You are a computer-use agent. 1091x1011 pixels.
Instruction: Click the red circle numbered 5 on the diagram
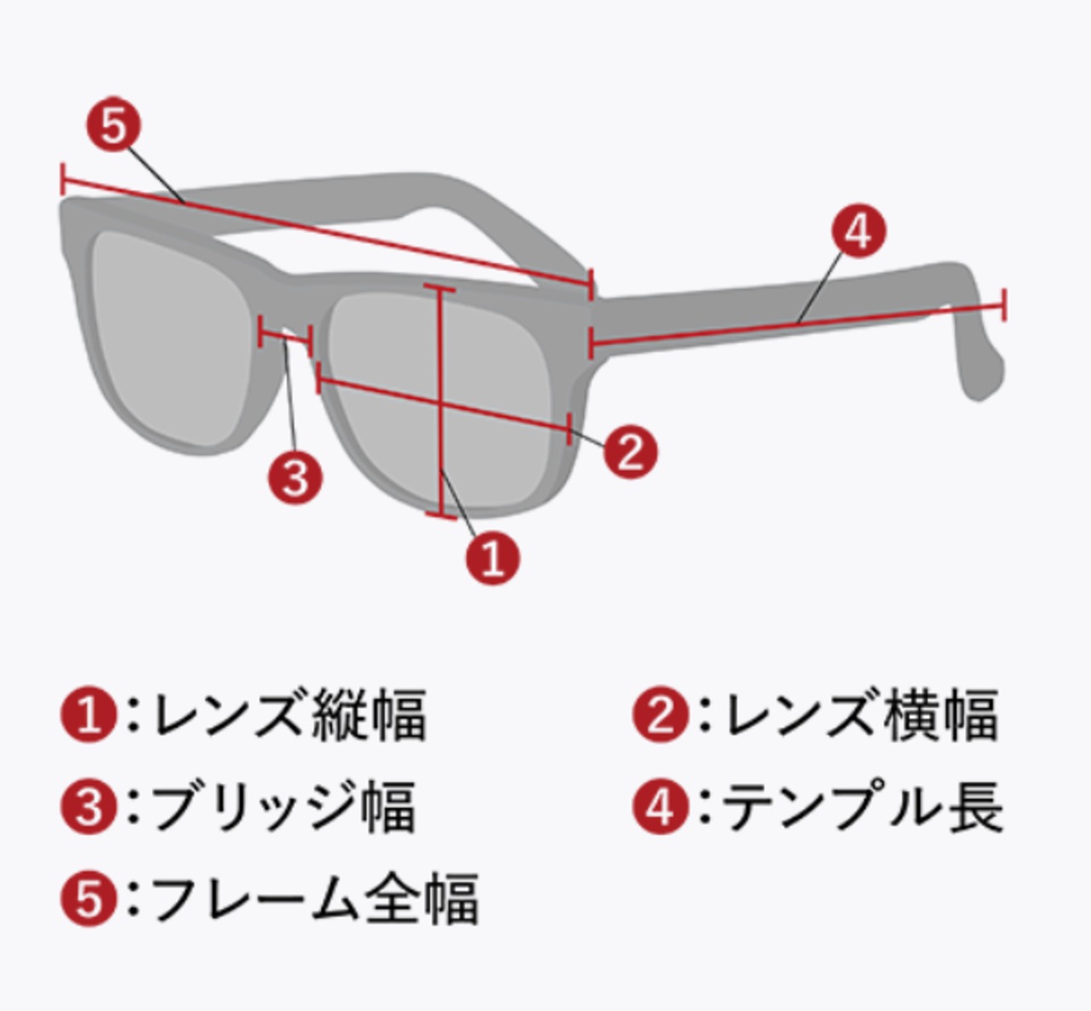pos(113,126)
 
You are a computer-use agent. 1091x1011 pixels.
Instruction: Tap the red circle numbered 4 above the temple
pos(858,231)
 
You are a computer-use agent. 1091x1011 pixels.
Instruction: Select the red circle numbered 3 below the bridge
pos(295,477)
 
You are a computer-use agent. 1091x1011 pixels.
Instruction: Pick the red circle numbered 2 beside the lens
pos(631,451)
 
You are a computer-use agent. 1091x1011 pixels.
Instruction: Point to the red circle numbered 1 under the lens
pos(493,557)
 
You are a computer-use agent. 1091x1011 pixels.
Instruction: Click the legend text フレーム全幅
pos(314,898)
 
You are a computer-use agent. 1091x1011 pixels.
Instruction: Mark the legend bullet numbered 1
pos(89,715)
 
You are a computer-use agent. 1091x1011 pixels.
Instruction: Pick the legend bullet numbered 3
pos(89,807)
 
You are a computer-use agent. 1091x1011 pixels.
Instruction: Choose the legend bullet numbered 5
pos(89,898)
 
